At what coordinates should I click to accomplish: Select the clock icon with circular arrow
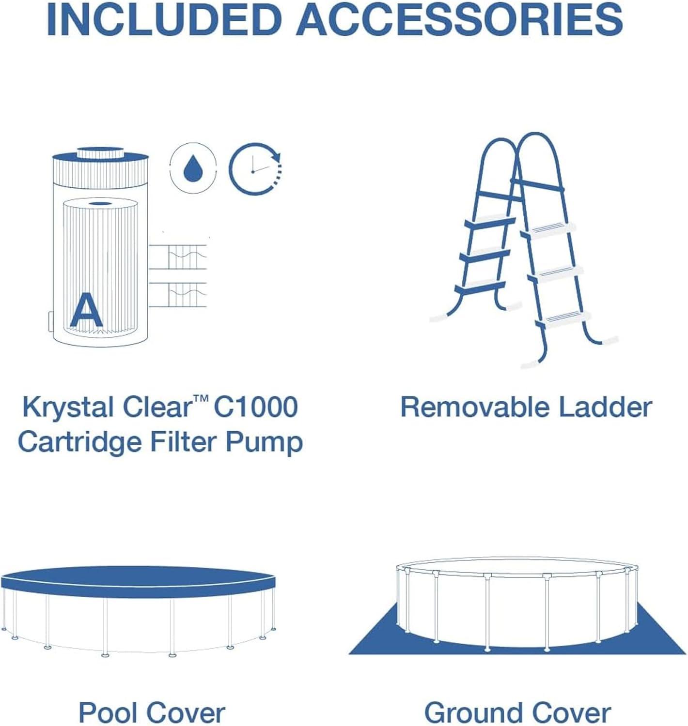255,168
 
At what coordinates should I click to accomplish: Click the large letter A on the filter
86,310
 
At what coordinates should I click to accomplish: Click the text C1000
255,407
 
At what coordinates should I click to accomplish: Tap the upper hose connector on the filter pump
177,257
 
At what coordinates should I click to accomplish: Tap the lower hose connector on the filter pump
177,295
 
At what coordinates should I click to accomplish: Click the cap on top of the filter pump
100,152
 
